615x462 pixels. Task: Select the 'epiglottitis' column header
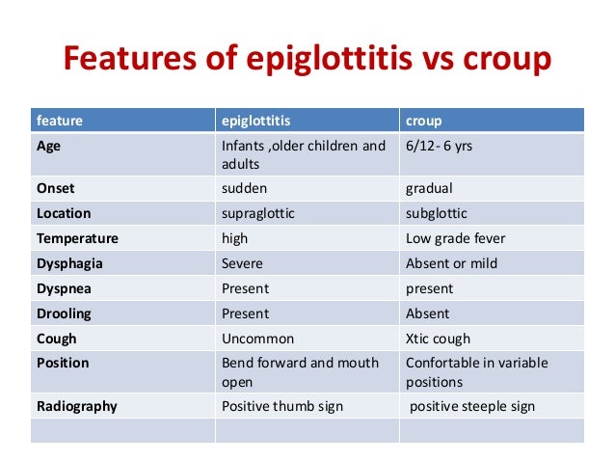point(256,121)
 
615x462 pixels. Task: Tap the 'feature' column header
point(60,121)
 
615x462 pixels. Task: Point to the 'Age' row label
point(49,147)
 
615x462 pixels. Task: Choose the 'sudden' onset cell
point(245,188)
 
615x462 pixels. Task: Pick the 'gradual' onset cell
point(429,188)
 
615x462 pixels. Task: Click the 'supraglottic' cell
point(257,213)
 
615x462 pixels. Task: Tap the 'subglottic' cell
point(438,213)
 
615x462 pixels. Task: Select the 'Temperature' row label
point(77,238)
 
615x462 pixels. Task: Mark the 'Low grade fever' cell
point(455,238)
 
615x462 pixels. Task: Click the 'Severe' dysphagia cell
point(242,263)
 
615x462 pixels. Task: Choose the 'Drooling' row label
point(65,313)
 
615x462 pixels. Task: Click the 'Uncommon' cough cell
point(257,339)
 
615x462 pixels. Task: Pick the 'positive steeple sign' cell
point(472,406)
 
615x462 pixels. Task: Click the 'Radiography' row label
point(76,406)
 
